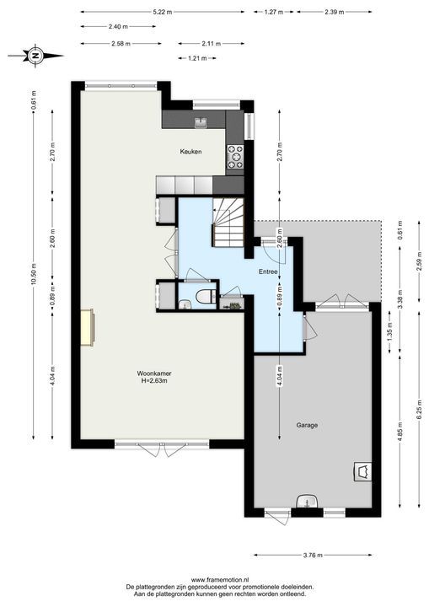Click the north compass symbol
pos(35,56)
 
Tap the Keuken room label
pos(190,152)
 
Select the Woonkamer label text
pos(154,373)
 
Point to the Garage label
pos(307,425)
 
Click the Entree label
pos(268,271)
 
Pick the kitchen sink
pos(201,122)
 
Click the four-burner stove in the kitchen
pos(235,157)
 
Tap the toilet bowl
pos(206,298)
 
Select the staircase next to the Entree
pos(228,223)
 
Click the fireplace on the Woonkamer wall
pos(88,327)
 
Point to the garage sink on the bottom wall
pos(308,501)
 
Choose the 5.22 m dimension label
pos(163,12)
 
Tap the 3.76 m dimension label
pos(313,555)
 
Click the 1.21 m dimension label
pos(197,58)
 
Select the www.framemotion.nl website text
pos(219,579)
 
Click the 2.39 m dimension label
pos(335,12)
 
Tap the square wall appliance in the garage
pos(362,471)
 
